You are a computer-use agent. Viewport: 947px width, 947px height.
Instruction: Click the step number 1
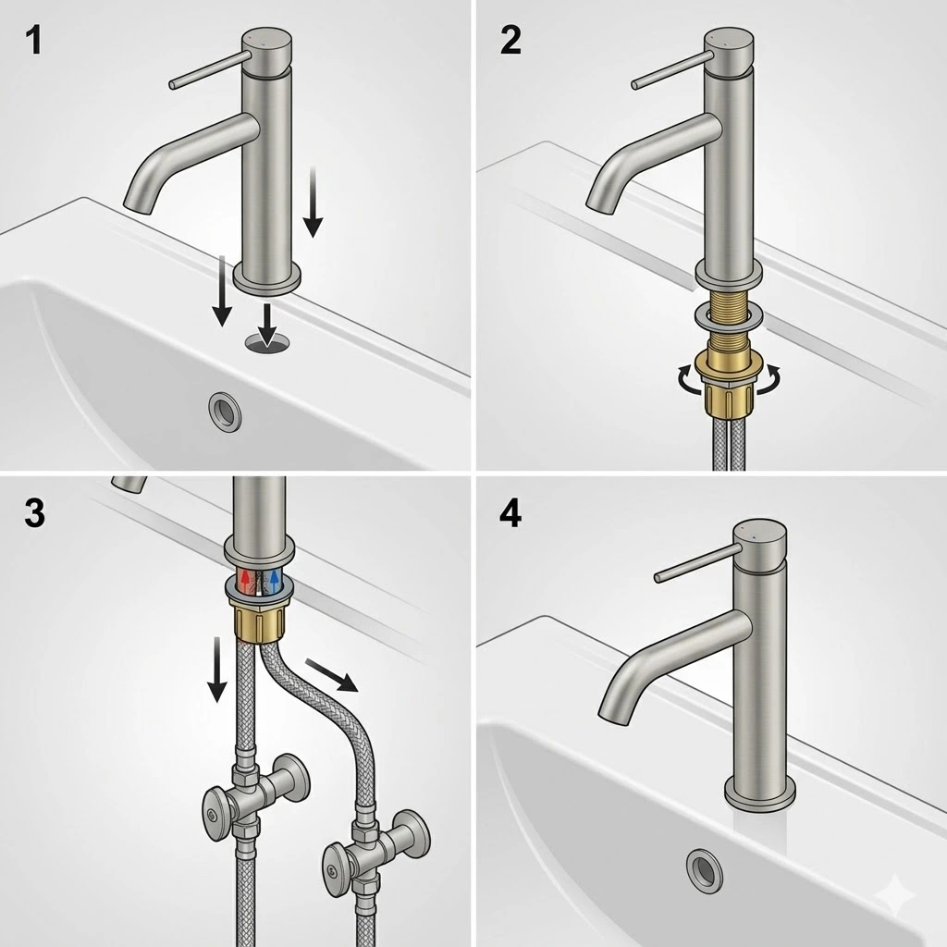coord(34,41)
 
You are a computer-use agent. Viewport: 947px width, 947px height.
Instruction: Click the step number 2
coord(510,41)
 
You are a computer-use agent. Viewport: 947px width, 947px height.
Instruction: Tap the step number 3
coord(34,513)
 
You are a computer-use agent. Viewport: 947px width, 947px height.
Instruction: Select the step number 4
coord(510,514)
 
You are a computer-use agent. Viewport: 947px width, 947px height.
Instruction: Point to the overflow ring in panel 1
coord(226,411)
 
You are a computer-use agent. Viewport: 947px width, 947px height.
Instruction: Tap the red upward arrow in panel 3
coord(246,580)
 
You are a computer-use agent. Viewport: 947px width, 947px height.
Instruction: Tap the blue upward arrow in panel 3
coord(275,580)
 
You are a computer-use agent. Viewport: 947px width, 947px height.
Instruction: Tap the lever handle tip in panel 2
coord(634,85)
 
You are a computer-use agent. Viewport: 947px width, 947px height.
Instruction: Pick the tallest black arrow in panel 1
coord(313,202)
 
